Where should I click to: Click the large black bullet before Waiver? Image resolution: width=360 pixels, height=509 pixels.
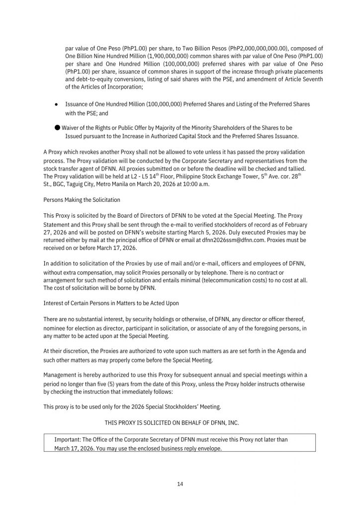pyautogui.click(x=57, y=127)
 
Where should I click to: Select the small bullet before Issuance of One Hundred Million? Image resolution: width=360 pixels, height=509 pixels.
pyautogui.click(x=57, y=104)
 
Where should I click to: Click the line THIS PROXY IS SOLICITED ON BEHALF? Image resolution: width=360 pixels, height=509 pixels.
pyautogui.click(x=180, y=422)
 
